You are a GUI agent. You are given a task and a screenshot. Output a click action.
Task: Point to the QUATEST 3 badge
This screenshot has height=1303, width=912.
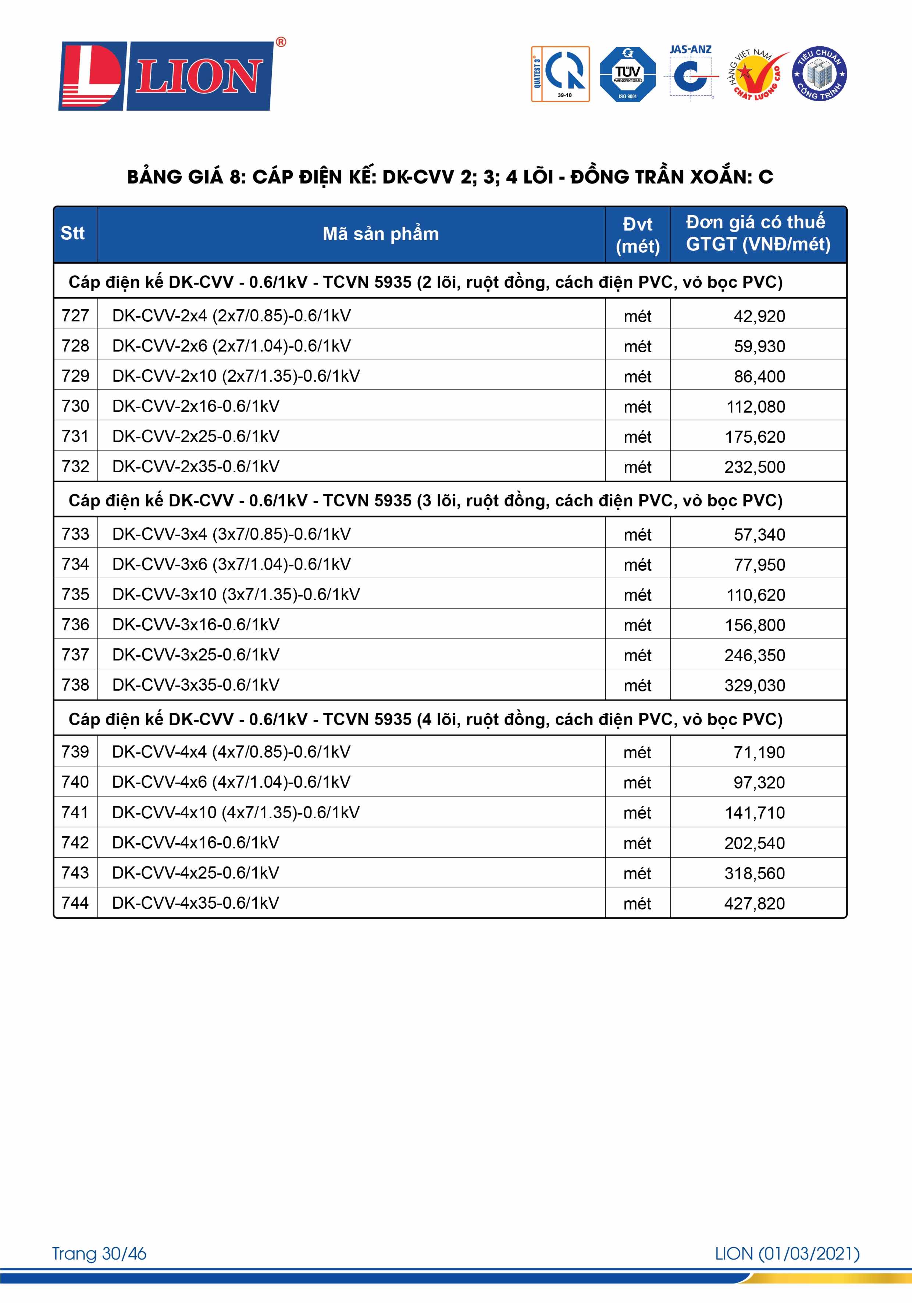[560, 74]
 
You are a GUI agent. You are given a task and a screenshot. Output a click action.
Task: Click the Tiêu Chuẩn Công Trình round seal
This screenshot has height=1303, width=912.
[819, 74]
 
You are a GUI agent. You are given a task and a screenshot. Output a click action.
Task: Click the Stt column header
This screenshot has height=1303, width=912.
[73, 233]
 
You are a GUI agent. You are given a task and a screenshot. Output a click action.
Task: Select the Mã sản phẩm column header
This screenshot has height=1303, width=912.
[380, 234]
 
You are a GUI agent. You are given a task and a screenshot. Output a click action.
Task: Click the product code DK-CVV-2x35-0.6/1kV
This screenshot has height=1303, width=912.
[196, 466]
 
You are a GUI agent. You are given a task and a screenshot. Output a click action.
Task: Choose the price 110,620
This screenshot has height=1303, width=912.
[755, 595]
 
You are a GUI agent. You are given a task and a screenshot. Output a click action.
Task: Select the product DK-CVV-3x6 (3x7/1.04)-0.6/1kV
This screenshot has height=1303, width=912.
[231, 564]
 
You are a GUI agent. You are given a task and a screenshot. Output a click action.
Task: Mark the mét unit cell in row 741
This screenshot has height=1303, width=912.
[637, 813]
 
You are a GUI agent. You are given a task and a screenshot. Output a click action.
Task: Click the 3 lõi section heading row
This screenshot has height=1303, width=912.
[425, 501]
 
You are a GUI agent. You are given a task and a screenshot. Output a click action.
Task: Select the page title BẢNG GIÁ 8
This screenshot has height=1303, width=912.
[449, 177]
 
